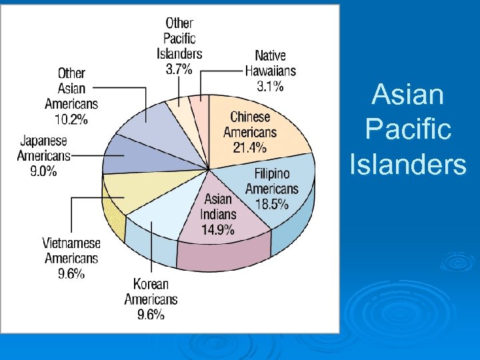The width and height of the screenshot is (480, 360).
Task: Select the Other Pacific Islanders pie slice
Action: click(179, 109)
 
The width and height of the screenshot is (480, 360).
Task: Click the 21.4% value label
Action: click(249, 147)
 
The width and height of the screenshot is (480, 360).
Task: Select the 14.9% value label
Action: click(218, 230)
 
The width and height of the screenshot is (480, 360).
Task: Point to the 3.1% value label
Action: click(270, 85)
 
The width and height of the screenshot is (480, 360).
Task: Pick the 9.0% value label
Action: click(43, 171)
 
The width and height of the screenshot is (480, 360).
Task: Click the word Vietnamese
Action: click(71, 243)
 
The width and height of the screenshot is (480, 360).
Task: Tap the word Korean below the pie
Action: click(151, 284)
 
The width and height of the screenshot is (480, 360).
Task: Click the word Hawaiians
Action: click(270, 70)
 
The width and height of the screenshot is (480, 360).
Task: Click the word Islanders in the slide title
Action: click(408, 164)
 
